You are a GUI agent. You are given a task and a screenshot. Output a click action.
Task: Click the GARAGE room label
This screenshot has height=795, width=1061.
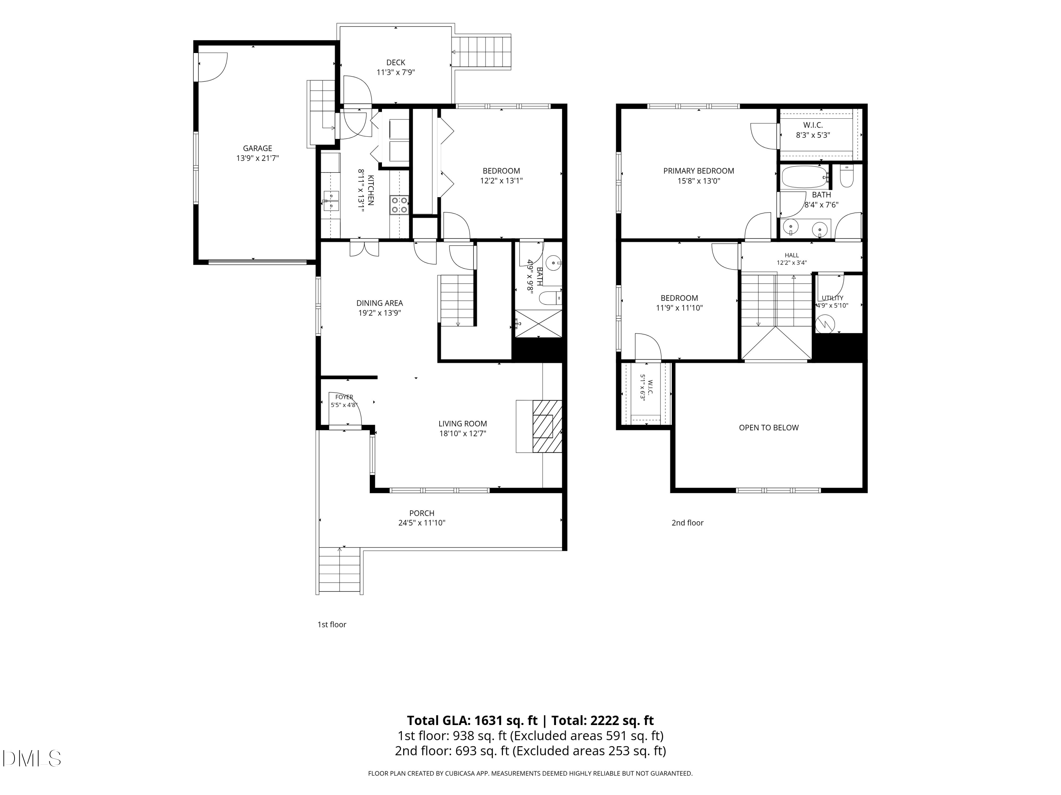[x=257, y=148]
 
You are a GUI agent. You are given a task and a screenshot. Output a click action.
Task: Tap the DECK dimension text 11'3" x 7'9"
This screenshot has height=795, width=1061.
[x=395, y=72]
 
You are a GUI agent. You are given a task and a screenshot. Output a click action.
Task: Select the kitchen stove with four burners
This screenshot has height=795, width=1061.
[x=399, y=205]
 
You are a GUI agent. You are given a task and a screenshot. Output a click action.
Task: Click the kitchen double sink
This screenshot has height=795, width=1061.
[x=331, y=201]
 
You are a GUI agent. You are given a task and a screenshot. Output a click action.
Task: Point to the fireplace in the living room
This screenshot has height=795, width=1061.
[x=547, y=426]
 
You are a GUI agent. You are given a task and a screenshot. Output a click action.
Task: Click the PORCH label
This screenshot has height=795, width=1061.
[x=422, y=513]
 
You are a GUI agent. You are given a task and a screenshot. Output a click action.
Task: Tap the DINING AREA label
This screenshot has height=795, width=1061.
[x=379, y=303]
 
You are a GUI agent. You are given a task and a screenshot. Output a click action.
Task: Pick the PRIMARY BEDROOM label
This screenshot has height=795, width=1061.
[x=698, y=171]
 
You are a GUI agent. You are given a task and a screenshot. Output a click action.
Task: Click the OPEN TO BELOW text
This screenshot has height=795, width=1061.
[x=769, y=428]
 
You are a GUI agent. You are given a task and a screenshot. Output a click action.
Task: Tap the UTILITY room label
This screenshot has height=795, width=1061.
[x=832, y=298]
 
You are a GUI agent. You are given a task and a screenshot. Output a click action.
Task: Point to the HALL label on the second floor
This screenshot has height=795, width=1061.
[x=792, y=255]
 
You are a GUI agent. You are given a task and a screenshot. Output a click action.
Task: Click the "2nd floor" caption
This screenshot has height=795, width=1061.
[x=687, y=523]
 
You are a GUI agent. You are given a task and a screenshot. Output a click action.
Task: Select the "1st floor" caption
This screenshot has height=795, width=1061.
[x=331, y=624]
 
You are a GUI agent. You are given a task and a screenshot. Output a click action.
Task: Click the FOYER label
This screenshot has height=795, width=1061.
[x=344, y=397]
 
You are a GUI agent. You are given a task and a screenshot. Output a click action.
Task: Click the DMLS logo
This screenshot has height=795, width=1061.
[x=32, y=758]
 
